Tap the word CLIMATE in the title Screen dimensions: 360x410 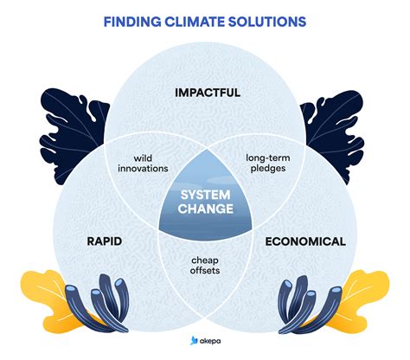click(198, 19)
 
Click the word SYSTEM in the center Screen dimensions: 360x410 click(205, 194)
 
